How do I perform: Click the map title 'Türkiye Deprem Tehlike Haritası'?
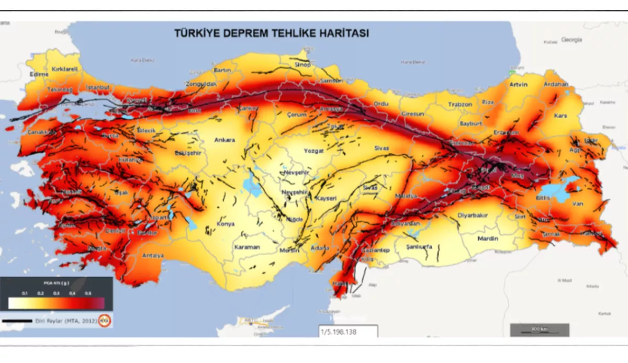pyautogui.click(x=272, y=33)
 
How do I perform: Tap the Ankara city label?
pyautogui.click(x=225, y=140)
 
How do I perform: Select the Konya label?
pyautogui.click(x=227, y=225)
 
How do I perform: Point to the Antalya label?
pyautogui.click(x=153, y=256)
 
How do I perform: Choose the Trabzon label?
pyautogui.click(x=460, y=105)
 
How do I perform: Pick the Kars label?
pyautogui.click(x=560, y=115)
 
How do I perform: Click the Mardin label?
pyautogui.click(x=488, y=239)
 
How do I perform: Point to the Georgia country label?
pyautogui.click(x=571, y=40)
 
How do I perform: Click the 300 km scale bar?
pyautogui.click(x=539, y=330)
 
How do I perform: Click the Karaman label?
pyautogui.click(x=247, y=247)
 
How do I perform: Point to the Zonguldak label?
pyautogui.click(x=201, y=84)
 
